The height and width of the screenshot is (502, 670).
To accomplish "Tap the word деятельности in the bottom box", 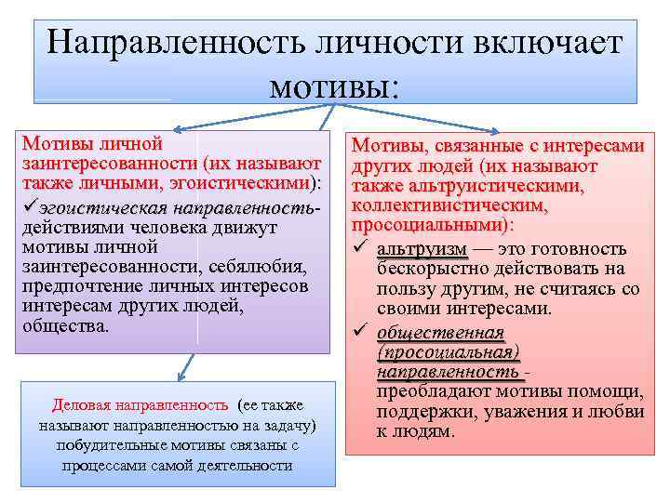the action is (242, 465).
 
